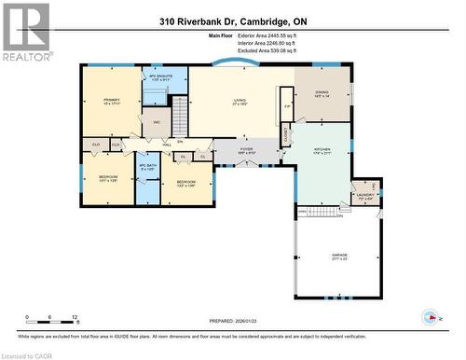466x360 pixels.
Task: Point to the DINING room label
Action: [322, 93]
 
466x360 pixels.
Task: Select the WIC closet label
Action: [156, 122]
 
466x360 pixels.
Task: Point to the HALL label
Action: [168, 145]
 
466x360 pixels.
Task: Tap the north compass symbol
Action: [429, 315]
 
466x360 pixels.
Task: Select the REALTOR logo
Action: [25, 31]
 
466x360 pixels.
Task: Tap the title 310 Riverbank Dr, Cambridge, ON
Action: [232, 21]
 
